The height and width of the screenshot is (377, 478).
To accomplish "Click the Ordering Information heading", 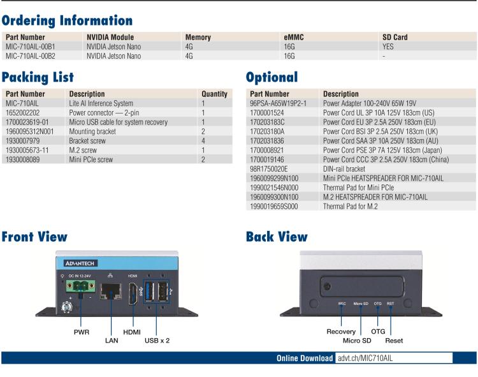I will coord(67,21).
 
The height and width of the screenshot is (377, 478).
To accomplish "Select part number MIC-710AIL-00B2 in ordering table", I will coord(31,56).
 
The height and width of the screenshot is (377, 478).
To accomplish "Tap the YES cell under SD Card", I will coord(388,47).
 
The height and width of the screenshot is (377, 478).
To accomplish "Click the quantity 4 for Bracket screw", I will coord(203,140).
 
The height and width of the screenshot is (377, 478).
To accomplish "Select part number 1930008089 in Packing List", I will coord(23,159).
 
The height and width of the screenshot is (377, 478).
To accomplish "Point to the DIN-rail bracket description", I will coord(344,168).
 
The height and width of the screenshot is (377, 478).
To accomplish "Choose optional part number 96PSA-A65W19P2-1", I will coord(279,103).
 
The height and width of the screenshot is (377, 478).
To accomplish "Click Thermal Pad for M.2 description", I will coord(351,206).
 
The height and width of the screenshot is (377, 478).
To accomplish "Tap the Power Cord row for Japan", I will coord(382,150).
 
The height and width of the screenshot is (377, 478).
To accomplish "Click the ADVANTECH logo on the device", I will coord(80,263).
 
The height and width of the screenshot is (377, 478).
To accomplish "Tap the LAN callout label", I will coord(111,341).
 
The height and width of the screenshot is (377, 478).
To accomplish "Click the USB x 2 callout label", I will coord(157,341).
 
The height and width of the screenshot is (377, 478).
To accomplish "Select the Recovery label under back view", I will coord(341,332).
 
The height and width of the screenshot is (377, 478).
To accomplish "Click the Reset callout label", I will coord(394,341).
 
